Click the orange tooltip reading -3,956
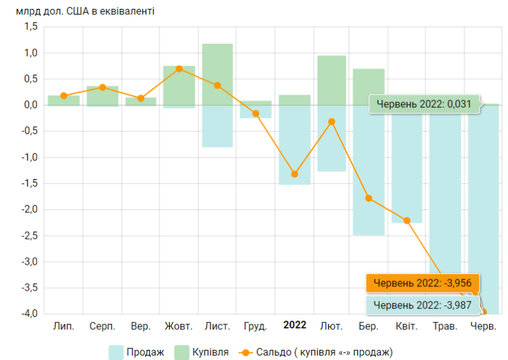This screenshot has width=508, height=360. (422, 283)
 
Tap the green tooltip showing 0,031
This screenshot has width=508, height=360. (424, 104)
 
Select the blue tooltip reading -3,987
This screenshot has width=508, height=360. (422, 305)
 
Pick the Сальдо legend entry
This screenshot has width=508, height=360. (318, 351)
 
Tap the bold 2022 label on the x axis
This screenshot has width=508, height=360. (295, 325)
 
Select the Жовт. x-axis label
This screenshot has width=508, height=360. (178, 326)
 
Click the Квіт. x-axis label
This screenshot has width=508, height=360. (406, 326)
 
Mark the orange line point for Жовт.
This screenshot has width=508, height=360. (179, 69)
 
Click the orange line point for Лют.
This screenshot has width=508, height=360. (331, 121)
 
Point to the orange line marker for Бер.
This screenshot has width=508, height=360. (369, 198)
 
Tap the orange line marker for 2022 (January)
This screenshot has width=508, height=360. (295, 174)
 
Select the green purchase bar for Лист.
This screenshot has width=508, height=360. (217, 74)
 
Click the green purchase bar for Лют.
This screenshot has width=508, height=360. (331, 80)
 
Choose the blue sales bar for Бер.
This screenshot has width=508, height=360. (369, 170)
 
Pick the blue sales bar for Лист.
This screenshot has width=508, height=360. (217, 126)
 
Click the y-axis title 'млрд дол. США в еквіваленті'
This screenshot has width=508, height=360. (85, 11)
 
